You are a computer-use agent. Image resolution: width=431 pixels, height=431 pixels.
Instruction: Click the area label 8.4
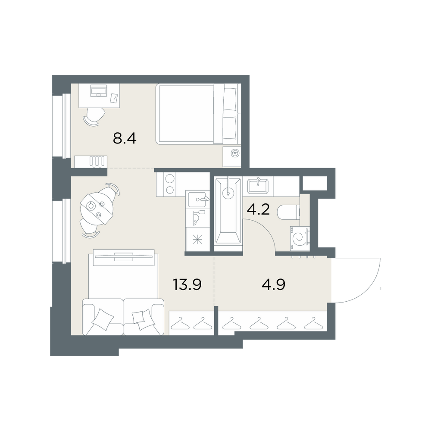(125, 138)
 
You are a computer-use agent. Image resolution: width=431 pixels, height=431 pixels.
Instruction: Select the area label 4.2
(258, 210)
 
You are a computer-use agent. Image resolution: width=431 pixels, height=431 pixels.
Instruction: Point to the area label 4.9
(274, 284)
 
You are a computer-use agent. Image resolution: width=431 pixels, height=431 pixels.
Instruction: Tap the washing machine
(300, 238)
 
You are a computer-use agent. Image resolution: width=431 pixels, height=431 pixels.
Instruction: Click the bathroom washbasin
(258, 186)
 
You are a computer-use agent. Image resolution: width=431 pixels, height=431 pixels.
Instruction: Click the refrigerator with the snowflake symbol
(197, 239)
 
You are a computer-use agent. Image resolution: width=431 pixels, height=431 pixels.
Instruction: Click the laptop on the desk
(99, 91)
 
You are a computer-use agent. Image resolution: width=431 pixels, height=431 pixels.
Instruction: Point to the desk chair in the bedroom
(94, 116)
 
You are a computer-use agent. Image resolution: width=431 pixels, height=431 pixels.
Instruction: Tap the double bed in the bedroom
(197, 114)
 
